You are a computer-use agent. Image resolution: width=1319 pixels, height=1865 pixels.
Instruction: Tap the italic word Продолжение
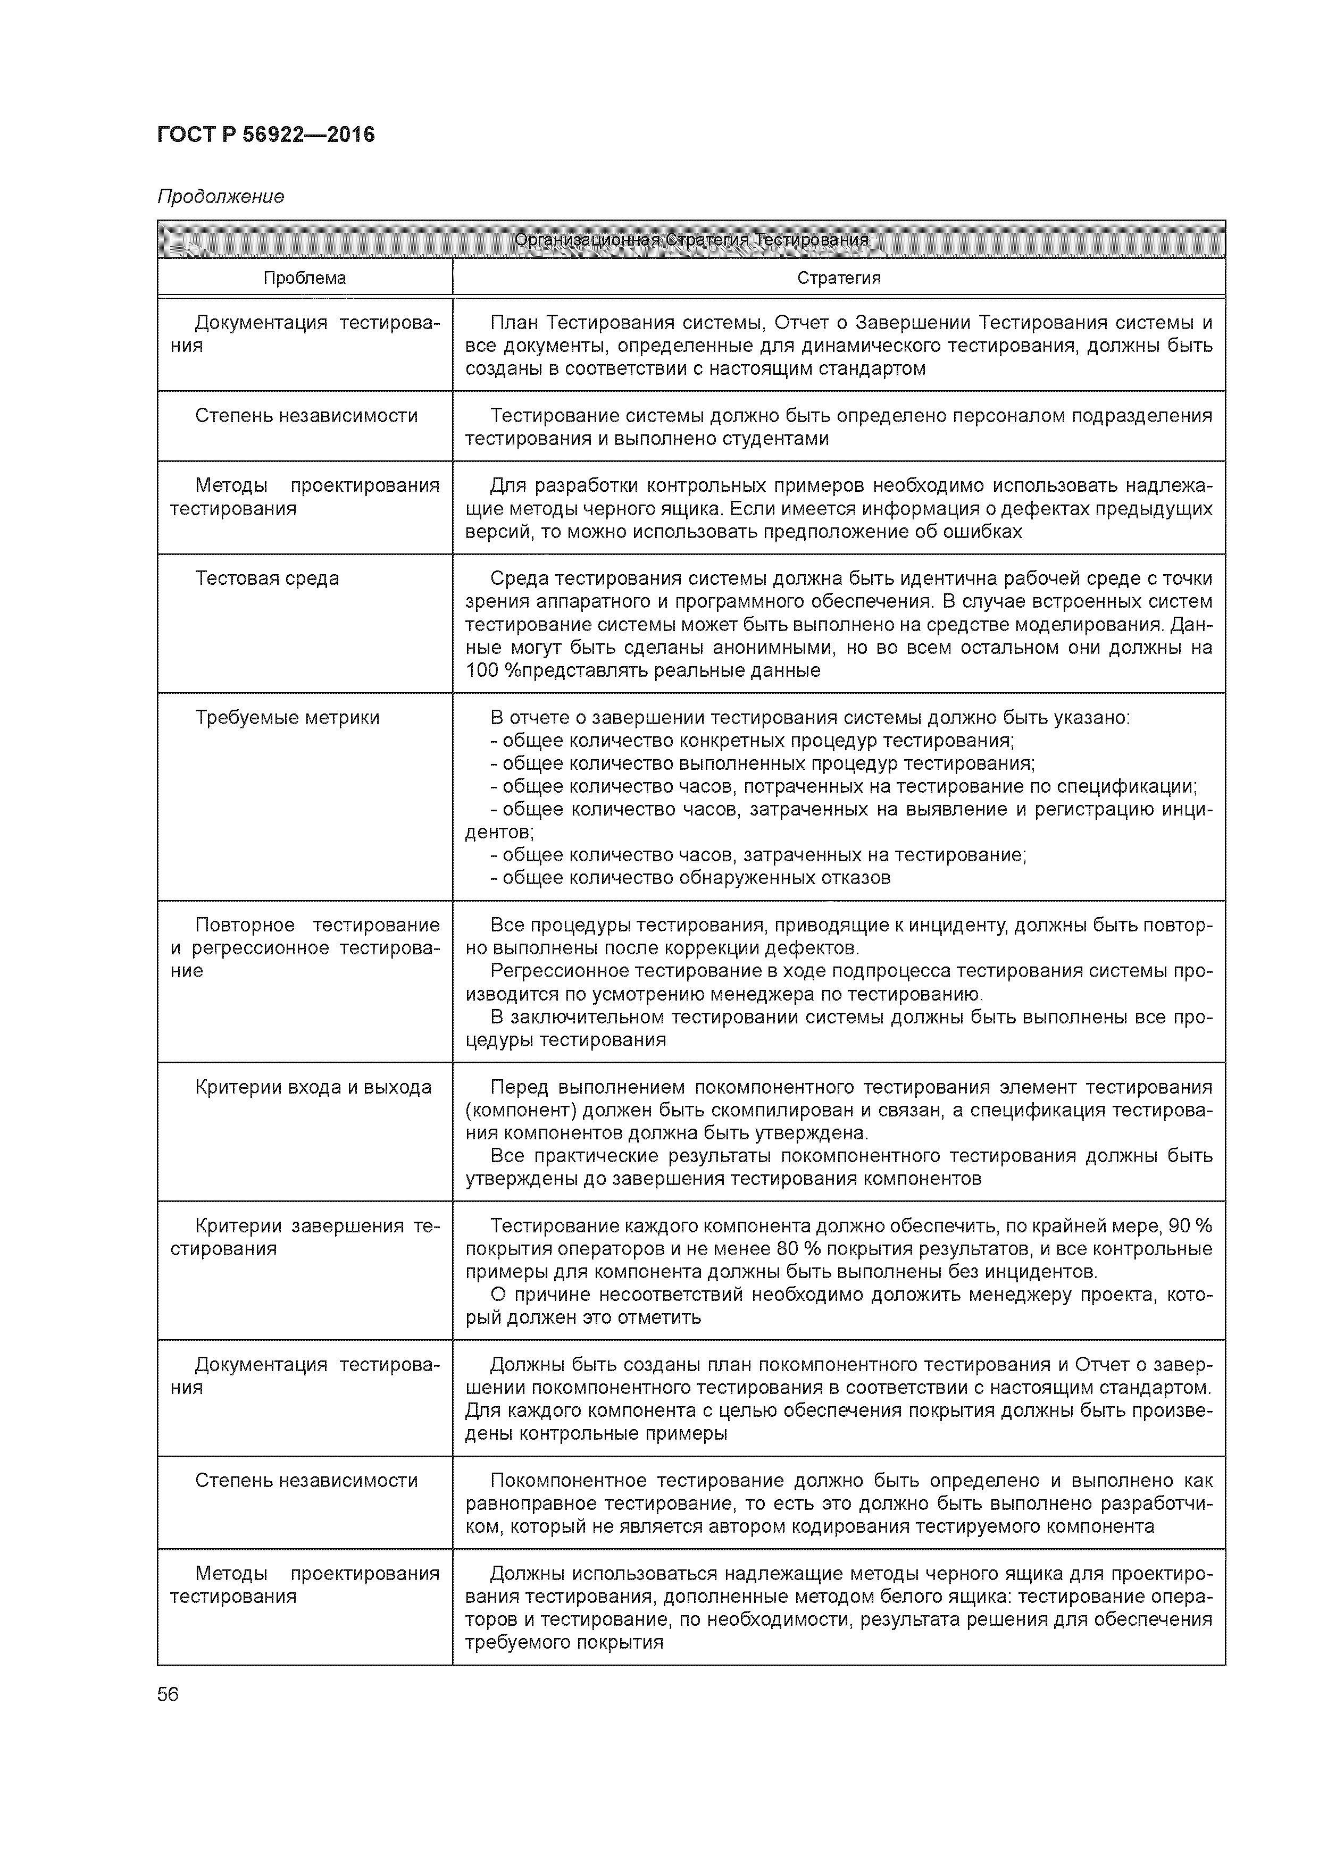point(220,197)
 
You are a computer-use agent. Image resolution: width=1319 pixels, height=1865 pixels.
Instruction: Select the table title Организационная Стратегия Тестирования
point(691,240)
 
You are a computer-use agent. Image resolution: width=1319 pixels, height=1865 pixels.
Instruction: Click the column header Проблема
point(305,278)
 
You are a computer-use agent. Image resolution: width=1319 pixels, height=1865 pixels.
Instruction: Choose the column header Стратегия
point(838,278)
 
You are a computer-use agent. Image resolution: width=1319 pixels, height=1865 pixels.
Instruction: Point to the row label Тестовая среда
point(266,578)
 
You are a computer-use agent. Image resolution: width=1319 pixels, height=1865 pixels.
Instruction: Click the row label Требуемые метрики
point(287,717)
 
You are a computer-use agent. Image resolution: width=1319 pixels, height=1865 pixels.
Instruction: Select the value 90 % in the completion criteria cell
point(1190,1226)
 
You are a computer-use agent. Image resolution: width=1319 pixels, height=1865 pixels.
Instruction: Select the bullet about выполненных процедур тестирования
point(762,763)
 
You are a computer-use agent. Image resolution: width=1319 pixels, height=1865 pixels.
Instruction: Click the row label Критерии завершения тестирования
point(305,1237)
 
